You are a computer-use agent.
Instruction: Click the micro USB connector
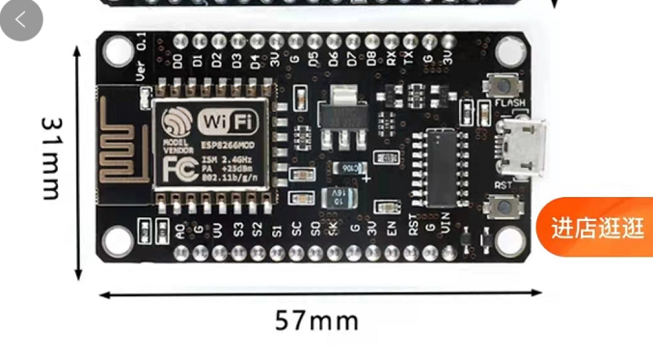tap(527, 148)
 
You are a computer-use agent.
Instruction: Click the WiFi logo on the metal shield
tap(228, 122)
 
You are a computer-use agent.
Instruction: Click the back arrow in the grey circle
tap(21, 19)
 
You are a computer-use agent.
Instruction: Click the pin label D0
tap(177, 61)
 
